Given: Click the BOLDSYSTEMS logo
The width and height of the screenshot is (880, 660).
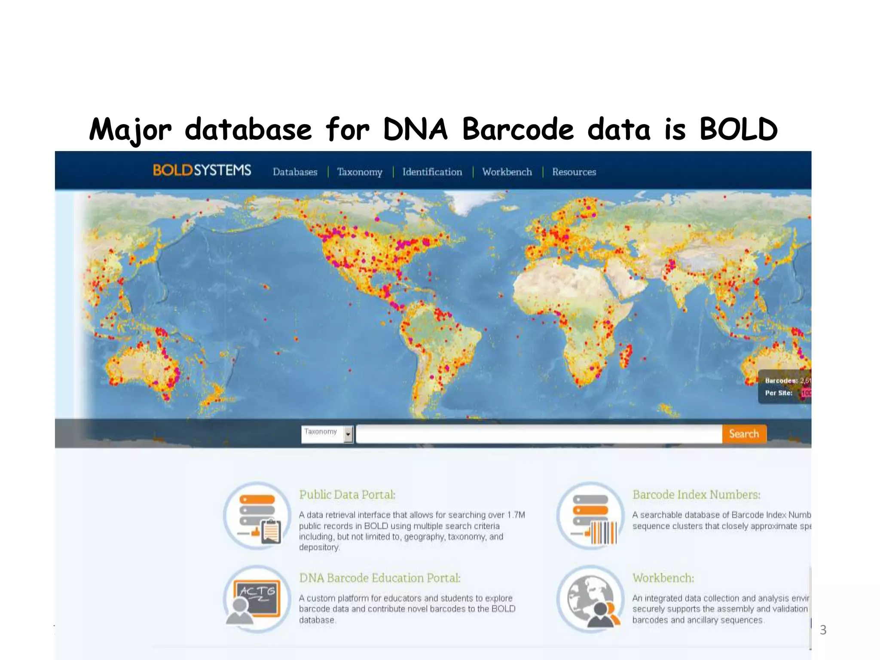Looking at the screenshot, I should pos(202,171).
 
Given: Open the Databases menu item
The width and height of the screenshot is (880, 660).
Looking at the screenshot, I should pos(295,172).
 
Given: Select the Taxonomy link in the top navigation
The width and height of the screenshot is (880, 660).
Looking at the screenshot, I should pos(360,172).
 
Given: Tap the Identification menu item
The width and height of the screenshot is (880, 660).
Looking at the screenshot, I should pos(432,172).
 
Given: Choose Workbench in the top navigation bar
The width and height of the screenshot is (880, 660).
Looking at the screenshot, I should pos(507,172).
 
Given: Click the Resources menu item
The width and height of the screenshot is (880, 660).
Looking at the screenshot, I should pos(574,172).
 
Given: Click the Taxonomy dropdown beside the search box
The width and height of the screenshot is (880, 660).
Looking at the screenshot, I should pos(327,434).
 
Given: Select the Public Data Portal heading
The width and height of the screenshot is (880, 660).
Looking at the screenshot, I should pos(347,495).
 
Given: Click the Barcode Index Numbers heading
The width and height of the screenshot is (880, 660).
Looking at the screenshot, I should pos(696,495).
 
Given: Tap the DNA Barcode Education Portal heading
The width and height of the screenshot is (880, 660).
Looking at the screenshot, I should pos(380,578).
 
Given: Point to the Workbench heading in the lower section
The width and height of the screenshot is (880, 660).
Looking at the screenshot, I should pos(663,578).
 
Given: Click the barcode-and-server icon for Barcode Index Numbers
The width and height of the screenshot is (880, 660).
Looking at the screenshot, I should pos(590,516).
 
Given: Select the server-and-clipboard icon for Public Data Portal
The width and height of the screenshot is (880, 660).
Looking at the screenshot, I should pos(257,516).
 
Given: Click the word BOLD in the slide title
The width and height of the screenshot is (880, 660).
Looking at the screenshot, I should pos(738,129).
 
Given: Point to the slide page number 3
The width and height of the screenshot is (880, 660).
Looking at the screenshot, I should pos(823,630).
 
